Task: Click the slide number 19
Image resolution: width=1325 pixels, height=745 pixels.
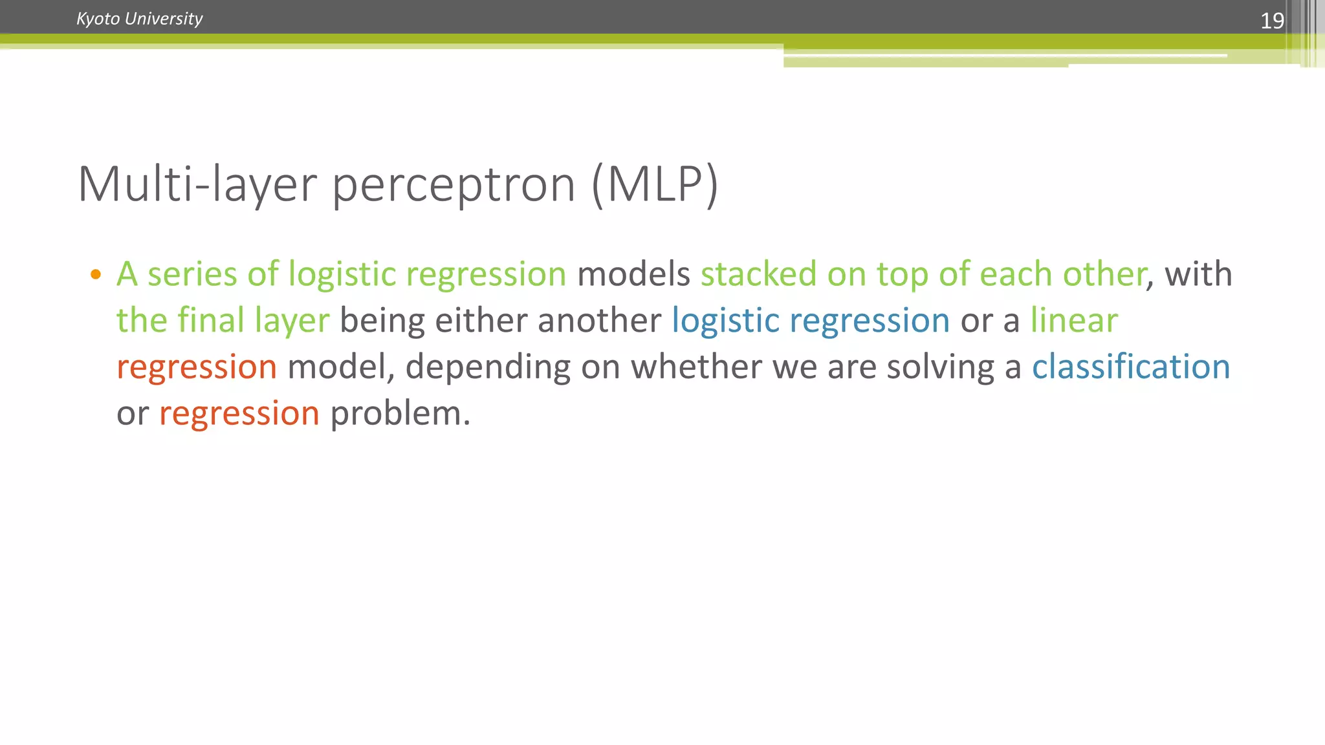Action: click(1271, 21)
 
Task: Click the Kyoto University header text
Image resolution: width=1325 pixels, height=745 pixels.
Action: click(139, 19)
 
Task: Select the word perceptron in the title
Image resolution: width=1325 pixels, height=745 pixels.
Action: click(454, 185)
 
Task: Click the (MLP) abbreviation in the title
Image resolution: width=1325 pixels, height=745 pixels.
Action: click(654, 185)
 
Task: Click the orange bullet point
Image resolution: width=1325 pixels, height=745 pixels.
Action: click(96, 274)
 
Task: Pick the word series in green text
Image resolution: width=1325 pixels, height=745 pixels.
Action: click(192, 274)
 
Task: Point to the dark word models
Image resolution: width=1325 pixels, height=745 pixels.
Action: click(633, 274)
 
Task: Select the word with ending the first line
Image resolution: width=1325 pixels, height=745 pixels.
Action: click(1198, 274)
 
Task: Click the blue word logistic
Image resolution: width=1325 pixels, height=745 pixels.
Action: click(725, 321)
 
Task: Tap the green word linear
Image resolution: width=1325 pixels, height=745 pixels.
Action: click(1074, 321)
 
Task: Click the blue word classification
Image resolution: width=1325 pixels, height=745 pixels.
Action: click(1130, 367)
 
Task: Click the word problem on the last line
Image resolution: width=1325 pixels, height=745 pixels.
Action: click(400, 414)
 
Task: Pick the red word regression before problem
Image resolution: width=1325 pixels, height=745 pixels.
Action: click(239, 414)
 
